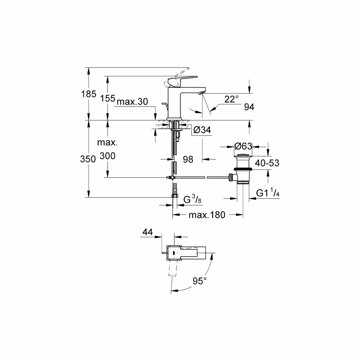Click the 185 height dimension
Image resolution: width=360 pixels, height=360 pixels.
[x=88, y=94]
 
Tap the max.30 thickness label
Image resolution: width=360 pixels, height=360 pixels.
[x=132, y=102]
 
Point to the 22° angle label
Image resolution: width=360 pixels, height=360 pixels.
[x=231, y=99]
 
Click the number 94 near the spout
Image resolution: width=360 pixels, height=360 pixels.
[x=249, y=107]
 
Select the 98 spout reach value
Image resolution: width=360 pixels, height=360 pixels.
[x=188, y=160]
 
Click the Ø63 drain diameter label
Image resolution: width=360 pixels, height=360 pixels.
[x=243, y=146]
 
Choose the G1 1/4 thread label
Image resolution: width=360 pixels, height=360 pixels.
[x=267, y=193]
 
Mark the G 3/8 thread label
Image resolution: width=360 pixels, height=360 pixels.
[x=193, y=200]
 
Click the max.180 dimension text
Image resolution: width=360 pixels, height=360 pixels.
[x=206, y=215]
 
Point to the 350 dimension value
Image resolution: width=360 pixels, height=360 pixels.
[x=88, y=159]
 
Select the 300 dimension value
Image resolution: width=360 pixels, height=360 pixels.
[x=108, y=156]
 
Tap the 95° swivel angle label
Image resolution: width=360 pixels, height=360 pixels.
[x=199, y=281]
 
